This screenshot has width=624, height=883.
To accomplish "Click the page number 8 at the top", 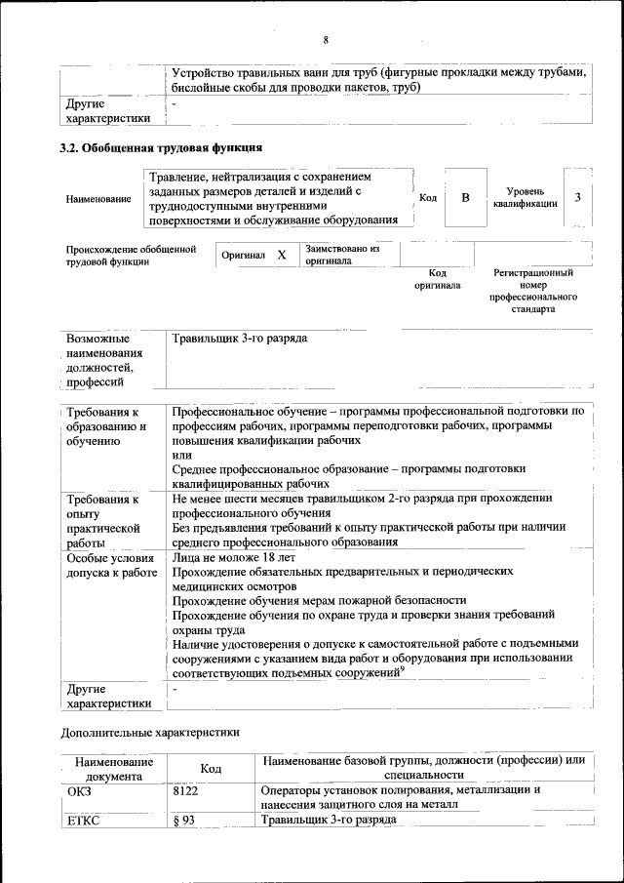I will coord(327,40).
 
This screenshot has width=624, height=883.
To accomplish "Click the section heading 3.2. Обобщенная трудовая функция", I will coord(161,148).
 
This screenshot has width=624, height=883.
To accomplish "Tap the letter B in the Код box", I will coord(465,198).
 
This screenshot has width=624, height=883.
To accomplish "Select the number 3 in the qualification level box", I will coord(578,198).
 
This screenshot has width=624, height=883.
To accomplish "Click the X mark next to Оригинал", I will coord(282,255).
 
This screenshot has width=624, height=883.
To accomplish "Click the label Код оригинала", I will coord(438,279).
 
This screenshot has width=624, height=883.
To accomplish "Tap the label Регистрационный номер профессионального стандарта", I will coord(533,291).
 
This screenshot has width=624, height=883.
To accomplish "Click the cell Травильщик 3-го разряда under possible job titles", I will coord(240,339).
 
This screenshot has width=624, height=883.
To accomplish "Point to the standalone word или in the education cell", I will coord(181,455).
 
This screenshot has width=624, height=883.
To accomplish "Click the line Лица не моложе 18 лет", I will coord(233,557).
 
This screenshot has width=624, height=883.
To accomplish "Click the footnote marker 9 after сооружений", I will coord(402,668).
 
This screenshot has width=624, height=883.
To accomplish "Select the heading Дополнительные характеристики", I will coord(150,731).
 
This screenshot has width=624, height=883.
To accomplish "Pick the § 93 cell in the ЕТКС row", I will coord(184,820).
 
